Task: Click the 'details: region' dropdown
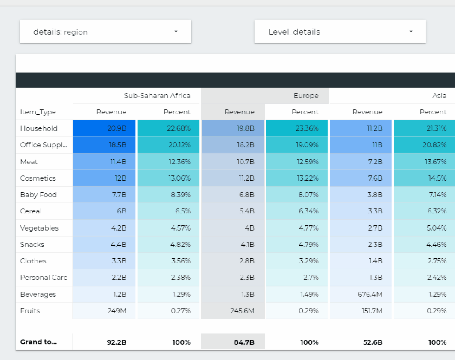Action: tap(105, 32)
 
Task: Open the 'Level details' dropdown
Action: tap(340, 32)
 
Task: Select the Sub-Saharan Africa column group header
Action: tap(157, 96)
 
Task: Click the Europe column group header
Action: tap(306, 96)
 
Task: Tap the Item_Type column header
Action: tap(38, 112)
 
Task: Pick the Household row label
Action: tap(38, 129)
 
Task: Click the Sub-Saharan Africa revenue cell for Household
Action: tap(105, 129)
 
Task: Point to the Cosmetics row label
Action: tap(38, 178)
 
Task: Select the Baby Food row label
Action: tap(38, 195)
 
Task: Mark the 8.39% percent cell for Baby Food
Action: tap(168, 195)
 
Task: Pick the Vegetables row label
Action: tap(39, 228)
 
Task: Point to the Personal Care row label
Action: tap(43, 278)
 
